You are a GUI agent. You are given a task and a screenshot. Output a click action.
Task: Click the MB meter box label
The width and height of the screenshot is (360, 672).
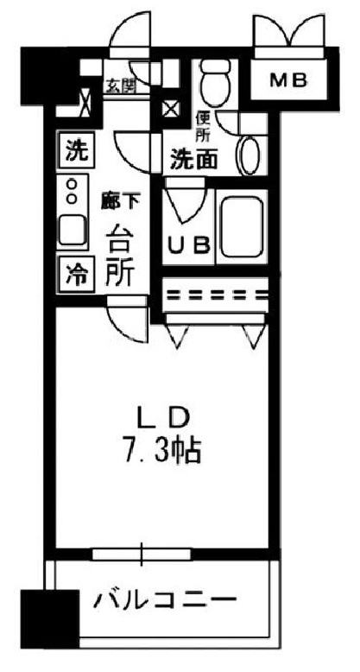(x=288, y=80)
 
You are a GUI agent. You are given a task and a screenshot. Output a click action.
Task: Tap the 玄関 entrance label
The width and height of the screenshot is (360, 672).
(x=120, y=86)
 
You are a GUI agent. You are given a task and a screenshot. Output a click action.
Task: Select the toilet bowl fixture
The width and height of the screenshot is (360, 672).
(x=217, y=83)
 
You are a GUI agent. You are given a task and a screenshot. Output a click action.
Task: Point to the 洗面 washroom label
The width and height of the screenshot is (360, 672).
(x=194, y=160)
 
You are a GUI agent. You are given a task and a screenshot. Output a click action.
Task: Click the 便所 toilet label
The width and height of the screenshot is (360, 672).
(x=202, y=127)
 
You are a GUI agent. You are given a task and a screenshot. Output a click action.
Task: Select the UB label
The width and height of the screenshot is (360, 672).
(x=188, y=245)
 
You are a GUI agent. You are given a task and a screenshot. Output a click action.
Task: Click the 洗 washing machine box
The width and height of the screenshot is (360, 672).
(x=74, y=151)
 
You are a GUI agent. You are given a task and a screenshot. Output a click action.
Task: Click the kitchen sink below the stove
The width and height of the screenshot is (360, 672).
(x=73, y=230)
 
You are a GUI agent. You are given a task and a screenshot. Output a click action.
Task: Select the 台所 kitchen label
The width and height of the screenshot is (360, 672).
(x=120, y=256)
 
